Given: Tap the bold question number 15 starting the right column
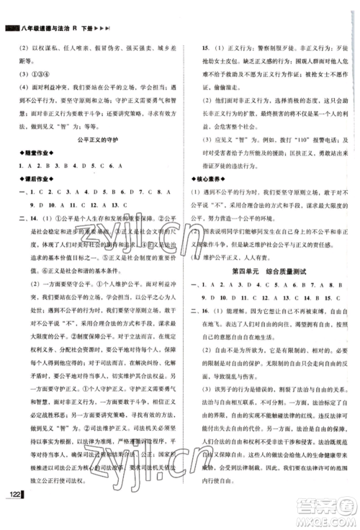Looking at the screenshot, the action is [207, 43].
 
